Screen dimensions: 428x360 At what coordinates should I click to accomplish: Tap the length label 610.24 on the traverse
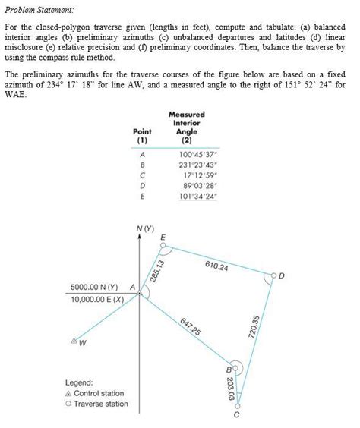(217, 265)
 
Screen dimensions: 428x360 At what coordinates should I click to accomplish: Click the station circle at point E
(163, 246)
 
